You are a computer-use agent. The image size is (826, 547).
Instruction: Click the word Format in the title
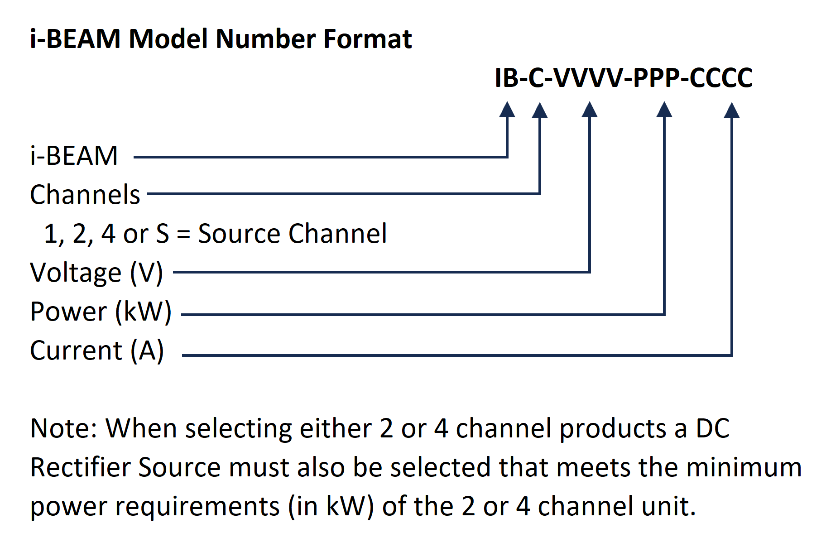(x=367, y=38)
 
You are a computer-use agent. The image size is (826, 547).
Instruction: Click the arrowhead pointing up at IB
(x=507, y=110)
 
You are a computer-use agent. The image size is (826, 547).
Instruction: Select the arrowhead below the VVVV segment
(x=589, y=110)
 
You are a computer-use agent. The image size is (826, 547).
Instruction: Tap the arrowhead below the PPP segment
(x=664, y=110)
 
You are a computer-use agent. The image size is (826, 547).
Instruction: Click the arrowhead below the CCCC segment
(x=732, y=110)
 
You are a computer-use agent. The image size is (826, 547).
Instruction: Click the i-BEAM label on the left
(x=74, y=156)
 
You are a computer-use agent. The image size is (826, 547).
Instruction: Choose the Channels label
(x=85, y=195)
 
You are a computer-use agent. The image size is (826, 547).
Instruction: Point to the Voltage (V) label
(x=96, y=273)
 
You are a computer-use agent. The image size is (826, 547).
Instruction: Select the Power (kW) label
(x=101, y=312)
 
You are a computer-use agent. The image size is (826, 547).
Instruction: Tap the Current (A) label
(x=97, y=350)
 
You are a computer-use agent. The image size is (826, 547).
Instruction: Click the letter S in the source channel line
(x=162, y=234)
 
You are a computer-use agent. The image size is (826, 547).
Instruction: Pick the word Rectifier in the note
(x=79, y=467)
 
